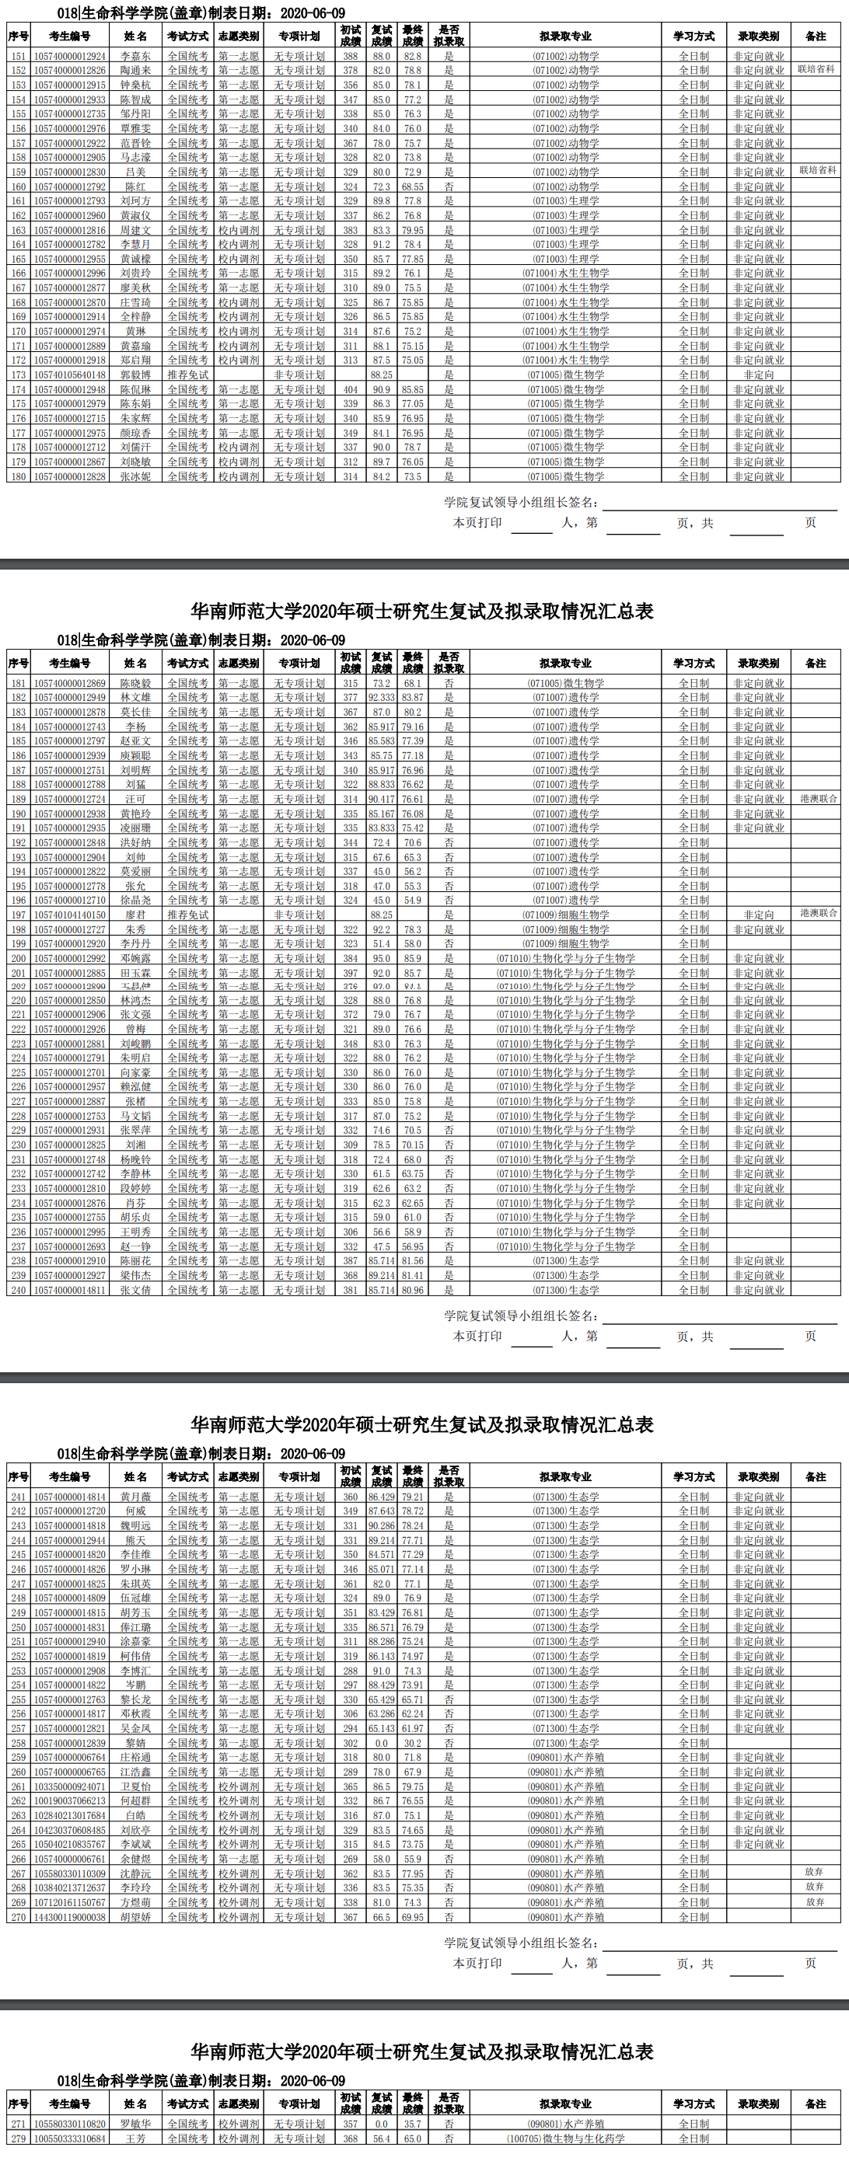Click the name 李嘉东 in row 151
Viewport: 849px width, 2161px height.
135,56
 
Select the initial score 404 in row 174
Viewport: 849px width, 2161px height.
350,389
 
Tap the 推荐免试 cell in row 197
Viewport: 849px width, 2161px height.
187,915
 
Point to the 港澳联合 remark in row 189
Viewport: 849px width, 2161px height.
818,799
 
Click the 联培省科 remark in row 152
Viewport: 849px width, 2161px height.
816,69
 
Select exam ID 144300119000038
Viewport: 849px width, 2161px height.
70,1917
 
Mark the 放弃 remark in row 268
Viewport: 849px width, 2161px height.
815,1887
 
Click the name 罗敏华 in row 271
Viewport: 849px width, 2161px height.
135,2124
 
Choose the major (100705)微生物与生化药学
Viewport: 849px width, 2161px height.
565,2138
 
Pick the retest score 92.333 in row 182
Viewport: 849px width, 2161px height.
382,697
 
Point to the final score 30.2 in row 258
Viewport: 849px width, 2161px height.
412,1742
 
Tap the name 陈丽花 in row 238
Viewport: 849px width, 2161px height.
135,1260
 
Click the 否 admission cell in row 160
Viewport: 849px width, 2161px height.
449,186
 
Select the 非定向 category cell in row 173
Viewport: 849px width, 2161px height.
758,375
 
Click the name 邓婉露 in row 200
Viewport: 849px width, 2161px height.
135,958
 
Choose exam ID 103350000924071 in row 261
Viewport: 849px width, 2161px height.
70,1787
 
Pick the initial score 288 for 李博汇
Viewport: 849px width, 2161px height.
350,1670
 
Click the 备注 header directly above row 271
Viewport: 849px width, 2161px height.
816,2103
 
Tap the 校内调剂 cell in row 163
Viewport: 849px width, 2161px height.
238,230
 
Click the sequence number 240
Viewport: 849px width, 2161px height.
19,1289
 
